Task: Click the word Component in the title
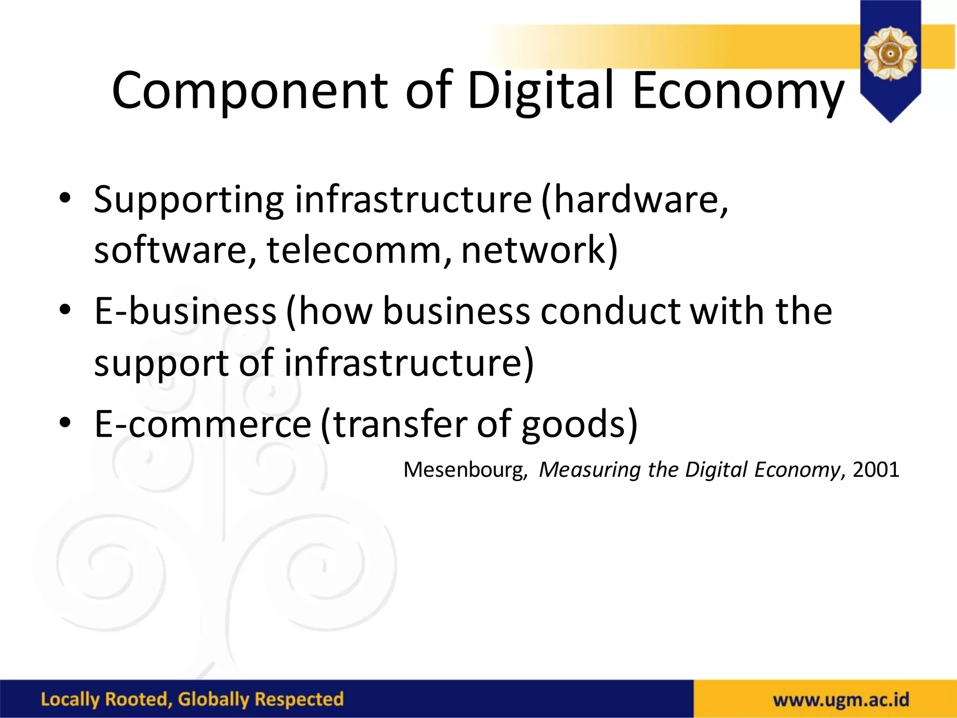(250, 91)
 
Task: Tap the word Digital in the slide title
(540, 91)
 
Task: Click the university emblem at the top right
(890, 54)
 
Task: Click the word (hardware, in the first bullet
(635, 200)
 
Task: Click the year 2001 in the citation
(876, 470)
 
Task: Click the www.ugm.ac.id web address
(841, 700)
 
